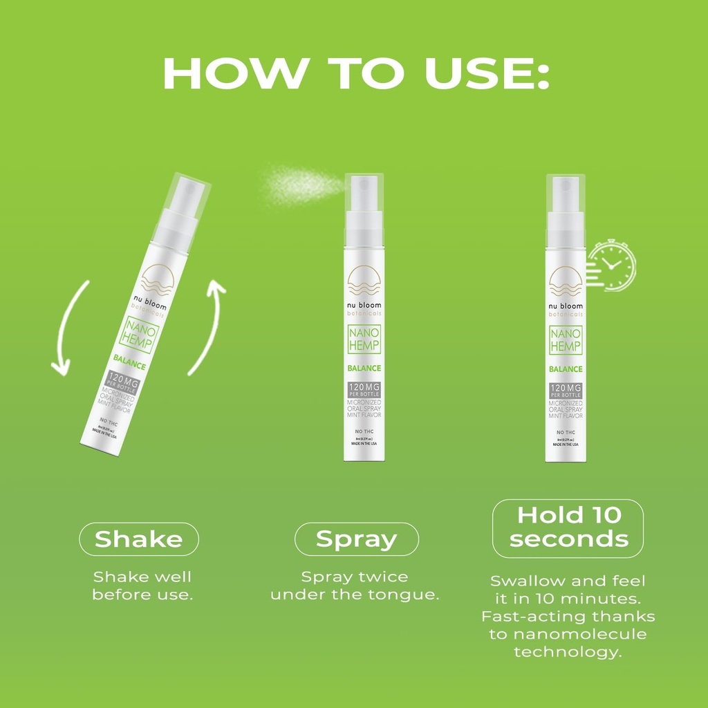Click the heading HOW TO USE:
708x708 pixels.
354,73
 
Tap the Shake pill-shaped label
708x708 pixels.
139,539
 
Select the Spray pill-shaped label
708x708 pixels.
357,539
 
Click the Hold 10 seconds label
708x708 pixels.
568,527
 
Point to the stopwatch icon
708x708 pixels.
612,264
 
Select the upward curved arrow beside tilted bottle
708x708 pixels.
209,325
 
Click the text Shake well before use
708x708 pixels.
142,586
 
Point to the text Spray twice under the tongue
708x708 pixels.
355,586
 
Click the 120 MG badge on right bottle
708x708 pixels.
566,390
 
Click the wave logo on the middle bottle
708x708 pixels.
364,279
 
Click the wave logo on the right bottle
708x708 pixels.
566,279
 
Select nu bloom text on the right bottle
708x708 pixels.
566,306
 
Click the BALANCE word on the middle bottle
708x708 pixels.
364,369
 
